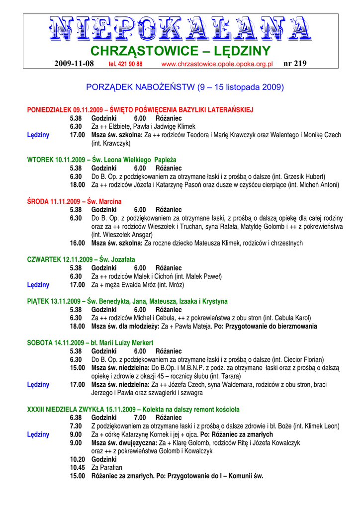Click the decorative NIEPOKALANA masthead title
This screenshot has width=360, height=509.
[180, 29]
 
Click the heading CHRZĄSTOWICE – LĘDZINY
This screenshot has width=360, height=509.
[180, 51]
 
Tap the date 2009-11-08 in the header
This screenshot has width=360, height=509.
[74, 64]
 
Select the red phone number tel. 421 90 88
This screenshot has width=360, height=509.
[125, 64]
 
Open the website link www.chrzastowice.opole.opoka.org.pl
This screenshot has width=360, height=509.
[217, 64]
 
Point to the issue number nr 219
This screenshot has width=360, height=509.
[295, 64]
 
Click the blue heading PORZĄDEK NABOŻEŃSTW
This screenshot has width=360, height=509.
[185, 87]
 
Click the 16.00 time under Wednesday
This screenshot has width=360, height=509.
[77, 243]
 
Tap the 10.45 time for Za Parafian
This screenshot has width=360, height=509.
[77, 468]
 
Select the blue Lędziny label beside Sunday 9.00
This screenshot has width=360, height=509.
[38, 434]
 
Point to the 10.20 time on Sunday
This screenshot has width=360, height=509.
[77, 459]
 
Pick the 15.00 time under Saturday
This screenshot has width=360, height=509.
[77, 368]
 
